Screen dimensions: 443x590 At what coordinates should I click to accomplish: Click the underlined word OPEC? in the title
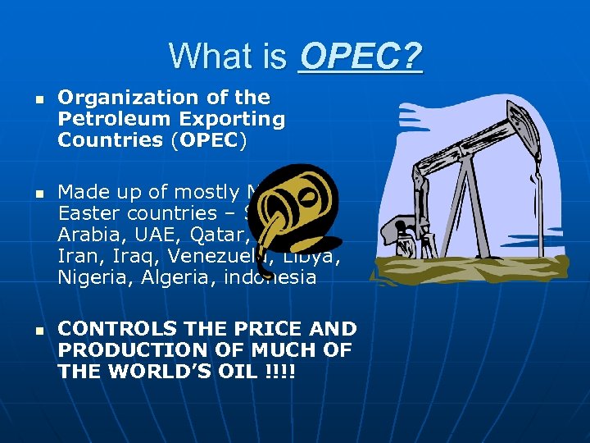pos(361,57)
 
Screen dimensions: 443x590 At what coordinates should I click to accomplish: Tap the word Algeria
pos(166,277)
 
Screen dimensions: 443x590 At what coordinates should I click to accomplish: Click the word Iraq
pos(123,256)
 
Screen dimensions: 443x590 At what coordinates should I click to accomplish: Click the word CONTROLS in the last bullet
pos(116,329)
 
